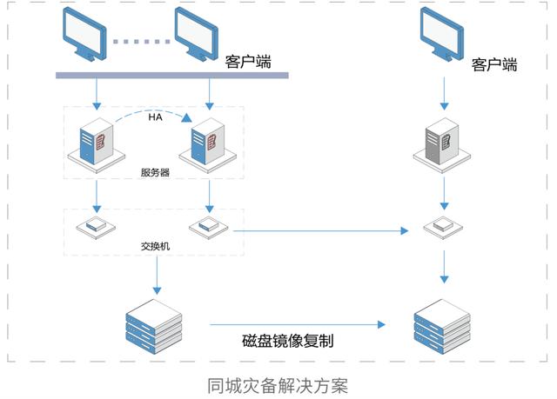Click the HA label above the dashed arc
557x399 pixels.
(155, 116)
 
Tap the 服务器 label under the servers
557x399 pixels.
(155, 173)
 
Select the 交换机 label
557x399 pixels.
(155, 246)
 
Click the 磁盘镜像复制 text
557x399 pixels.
(288, 341)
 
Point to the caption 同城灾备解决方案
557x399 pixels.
(278, 385)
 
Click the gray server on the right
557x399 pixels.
(442, 145)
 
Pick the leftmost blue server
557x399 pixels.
(97, 145)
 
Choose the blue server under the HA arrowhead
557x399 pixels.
(208, 145)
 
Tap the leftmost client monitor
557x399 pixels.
(84, 34)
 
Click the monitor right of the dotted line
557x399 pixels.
(196, 34)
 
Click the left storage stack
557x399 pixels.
(154, 326)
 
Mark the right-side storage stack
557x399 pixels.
(442, 326)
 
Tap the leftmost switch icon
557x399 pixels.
(96, 226)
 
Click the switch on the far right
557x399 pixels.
(443, 226)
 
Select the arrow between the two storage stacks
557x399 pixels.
(298, 324)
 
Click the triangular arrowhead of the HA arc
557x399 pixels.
(186, 117)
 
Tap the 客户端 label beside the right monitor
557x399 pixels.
(494, 64)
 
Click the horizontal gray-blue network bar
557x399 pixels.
(172, 75)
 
